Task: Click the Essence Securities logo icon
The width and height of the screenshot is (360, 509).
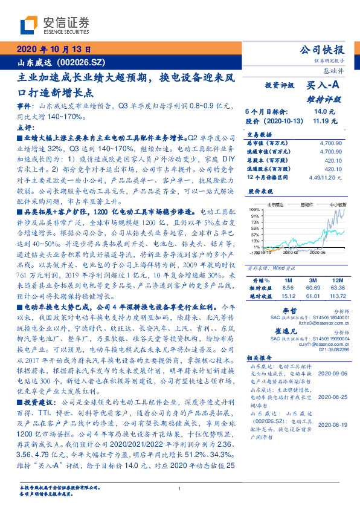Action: click(28, 26)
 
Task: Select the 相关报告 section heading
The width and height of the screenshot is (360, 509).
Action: click(260, 357)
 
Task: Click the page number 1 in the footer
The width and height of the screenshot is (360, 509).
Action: click(179, 489)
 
